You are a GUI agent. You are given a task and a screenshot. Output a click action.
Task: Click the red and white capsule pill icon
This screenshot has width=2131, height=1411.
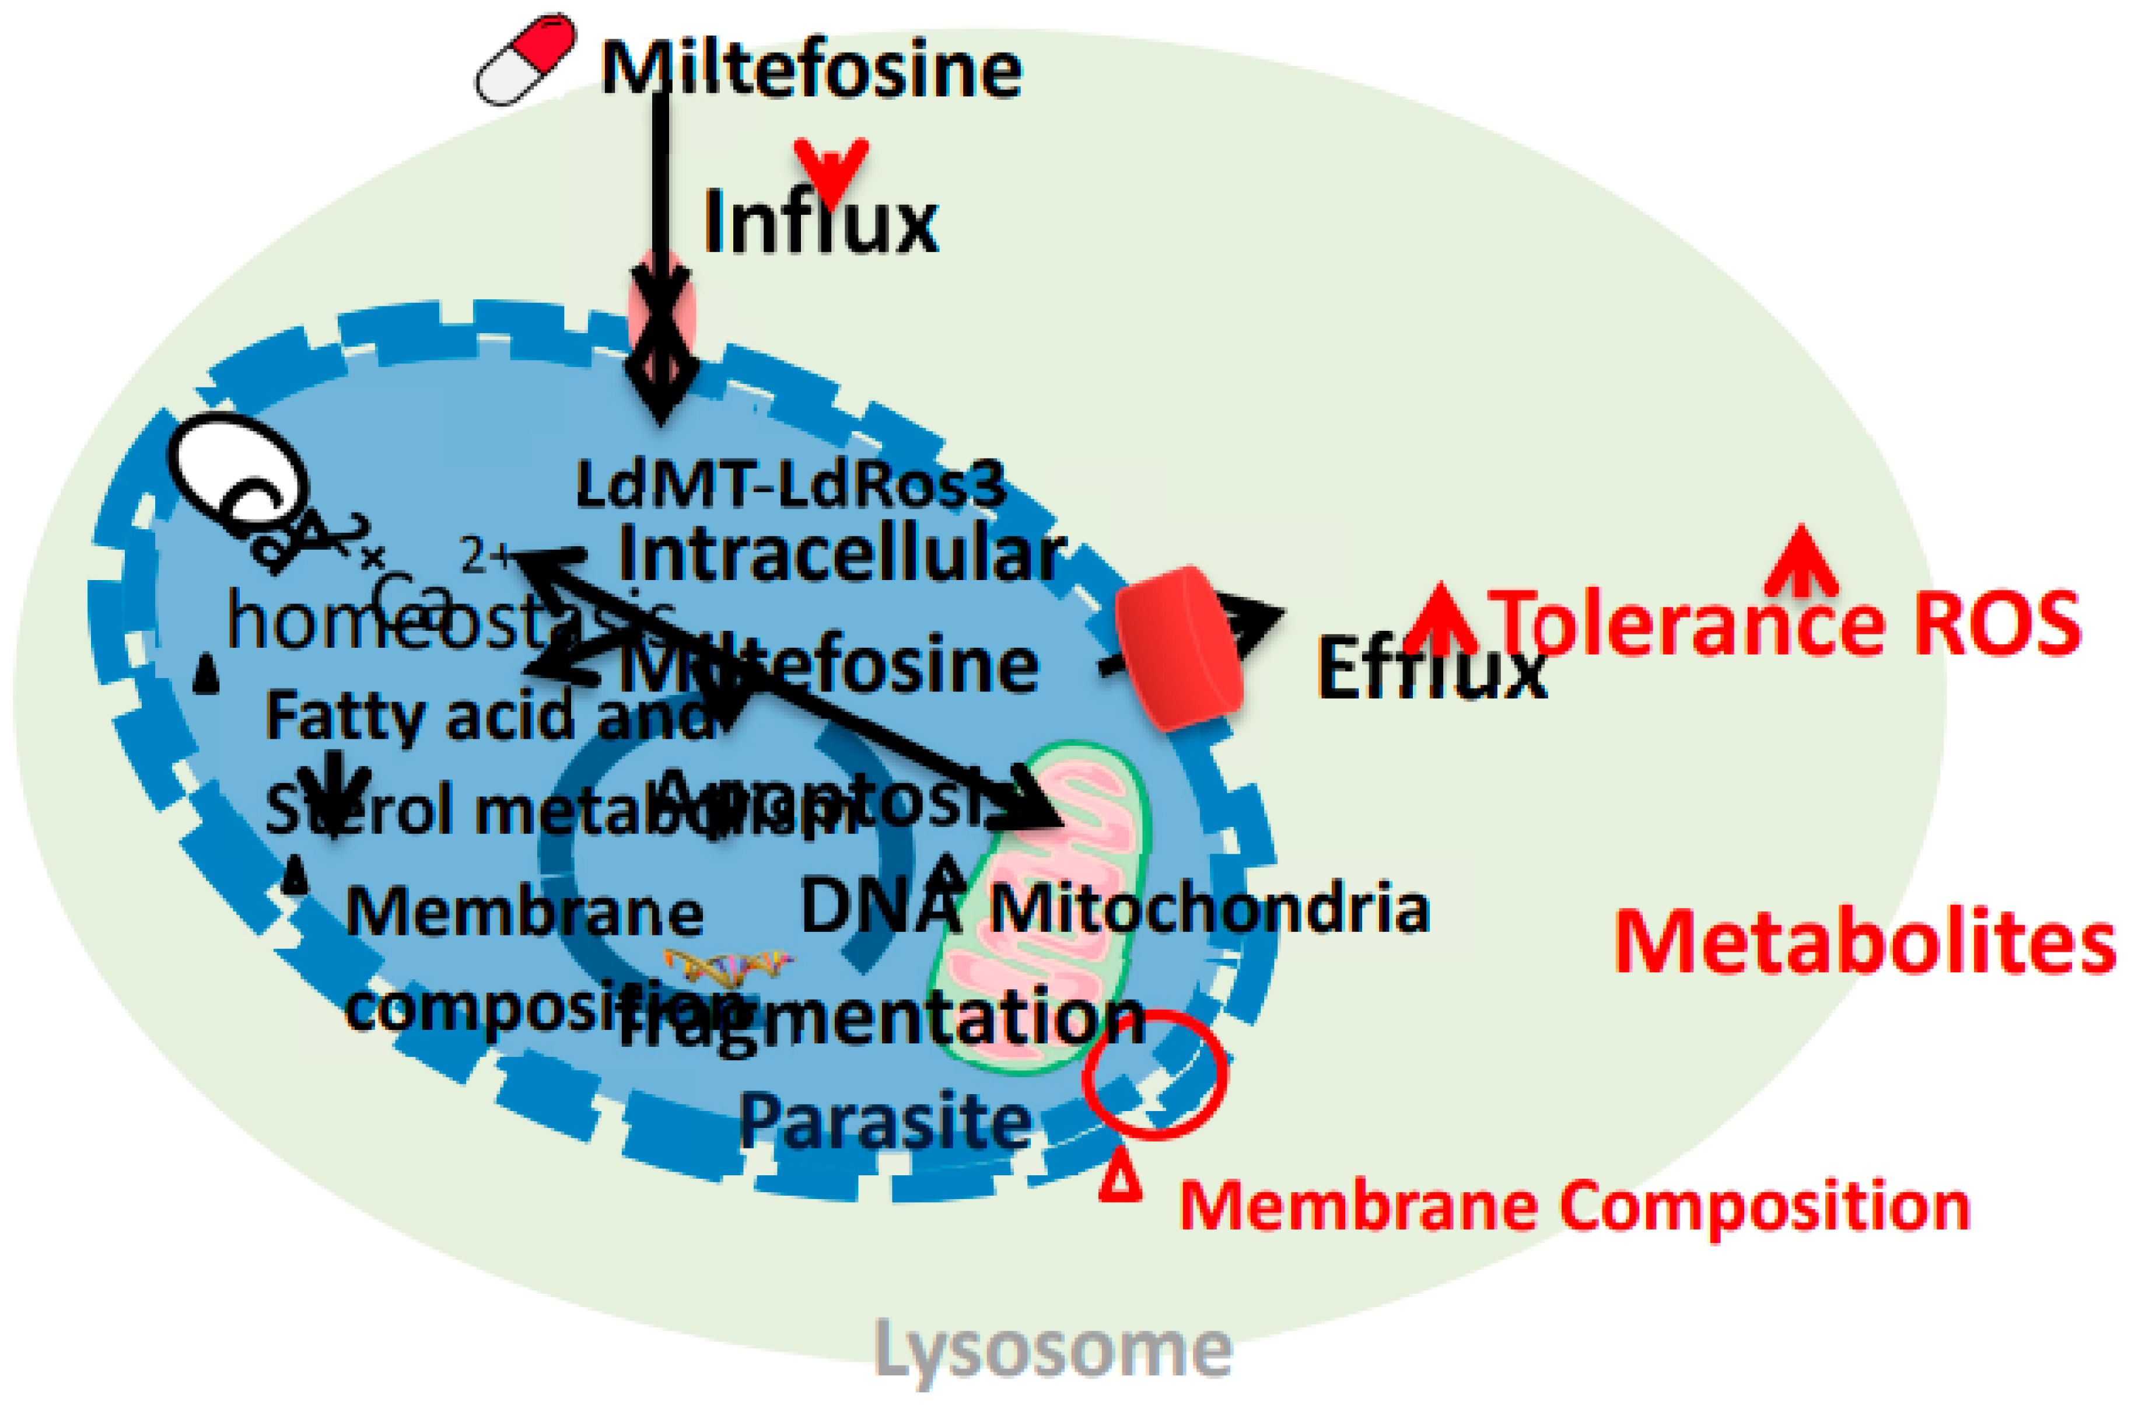pos(526,60)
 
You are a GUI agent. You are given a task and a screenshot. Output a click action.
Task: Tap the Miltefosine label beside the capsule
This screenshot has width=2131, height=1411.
pos(811,69)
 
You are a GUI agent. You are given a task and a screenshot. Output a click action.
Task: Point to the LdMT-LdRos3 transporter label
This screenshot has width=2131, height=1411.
pos(790,485)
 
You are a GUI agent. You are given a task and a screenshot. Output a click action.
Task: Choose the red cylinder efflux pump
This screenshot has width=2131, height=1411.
pos(1180,647)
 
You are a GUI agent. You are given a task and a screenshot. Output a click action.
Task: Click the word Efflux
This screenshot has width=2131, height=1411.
pos(1430,669)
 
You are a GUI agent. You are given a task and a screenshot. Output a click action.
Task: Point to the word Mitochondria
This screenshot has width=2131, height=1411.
pos(1210,909)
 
